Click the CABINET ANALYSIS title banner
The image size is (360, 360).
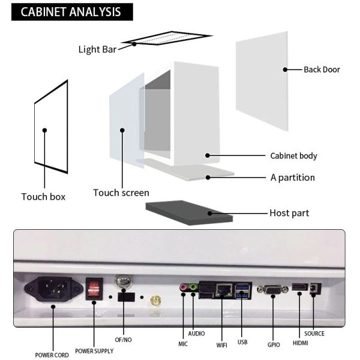click(x=72, y=12)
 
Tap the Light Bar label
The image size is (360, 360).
click(x=97, y=49)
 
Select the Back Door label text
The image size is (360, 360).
click(x=322, y=70)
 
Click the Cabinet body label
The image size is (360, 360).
click(x=293, y=156)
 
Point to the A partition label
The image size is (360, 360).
click(x=293, y=178)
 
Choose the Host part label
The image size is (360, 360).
click(x=289, y=213)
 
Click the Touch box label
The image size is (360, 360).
click(x=43, y=197)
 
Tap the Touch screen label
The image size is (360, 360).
click(x=121, y=193)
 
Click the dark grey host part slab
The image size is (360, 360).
click(x=189, y=212)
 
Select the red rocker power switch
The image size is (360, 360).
click(x=94, y=289)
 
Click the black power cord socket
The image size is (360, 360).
click(x=53, y=289)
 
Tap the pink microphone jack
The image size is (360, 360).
click(x=183, y=287)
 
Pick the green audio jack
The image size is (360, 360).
click(x=193, y=287)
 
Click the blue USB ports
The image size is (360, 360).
click(x=242, y=290)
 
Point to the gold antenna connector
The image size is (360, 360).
click(x=155, y=301)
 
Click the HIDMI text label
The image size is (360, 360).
click(x=300, y=343)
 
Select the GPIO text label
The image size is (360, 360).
click(x=274, y=344)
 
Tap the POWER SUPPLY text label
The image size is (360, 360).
click(x=94, y=351)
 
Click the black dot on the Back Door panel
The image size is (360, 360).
click(x=285, y=70)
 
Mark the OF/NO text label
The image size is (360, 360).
click(x=123, y=340)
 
